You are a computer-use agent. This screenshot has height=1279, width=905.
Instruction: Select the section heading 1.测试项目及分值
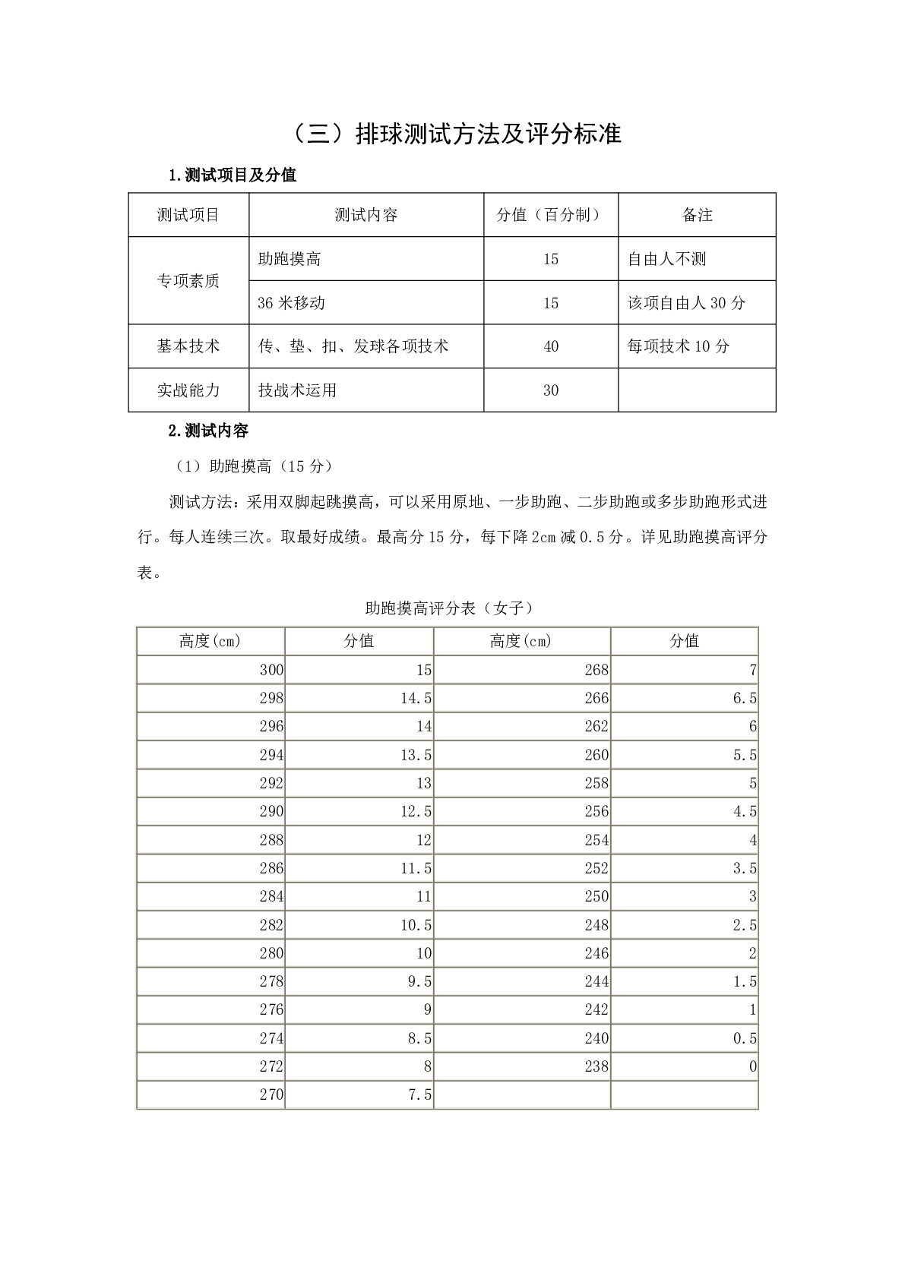[232, 175]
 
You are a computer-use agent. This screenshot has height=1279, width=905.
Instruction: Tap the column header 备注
[697, 215]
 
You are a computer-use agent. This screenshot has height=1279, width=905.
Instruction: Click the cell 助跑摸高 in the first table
[290, 259]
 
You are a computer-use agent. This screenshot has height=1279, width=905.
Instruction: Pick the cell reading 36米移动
[291, 303]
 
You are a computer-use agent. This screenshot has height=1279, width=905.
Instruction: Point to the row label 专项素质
[188, 281]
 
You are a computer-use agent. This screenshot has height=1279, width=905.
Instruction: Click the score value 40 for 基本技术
[551, 346]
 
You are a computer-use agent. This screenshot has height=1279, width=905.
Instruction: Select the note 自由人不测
[666, 259]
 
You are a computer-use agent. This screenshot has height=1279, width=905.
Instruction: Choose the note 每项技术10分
[678, 346]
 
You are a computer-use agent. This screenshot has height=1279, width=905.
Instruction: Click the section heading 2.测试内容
[208, 431]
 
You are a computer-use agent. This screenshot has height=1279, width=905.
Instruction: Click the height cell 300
[271, 670]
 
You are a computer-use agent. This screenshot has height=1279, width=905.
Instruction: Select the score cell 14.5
[416, 698]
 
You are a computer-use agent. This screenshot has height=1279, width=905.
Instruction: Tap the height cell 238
[596, 1066]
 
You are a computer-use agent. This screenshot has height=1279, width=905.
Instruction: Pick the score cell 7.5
[420, 1094]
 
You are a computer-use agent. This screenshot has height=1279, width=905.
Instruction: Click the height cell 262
[596, 726]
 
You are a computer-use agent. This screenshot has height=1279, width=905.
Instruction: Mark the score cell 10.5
[416, 925]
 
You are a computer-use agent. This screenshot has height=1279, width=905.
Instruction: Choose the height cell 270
[271, 1094]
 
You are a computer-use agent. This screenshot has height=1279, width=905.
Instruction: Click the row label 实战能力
[188, 390]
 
